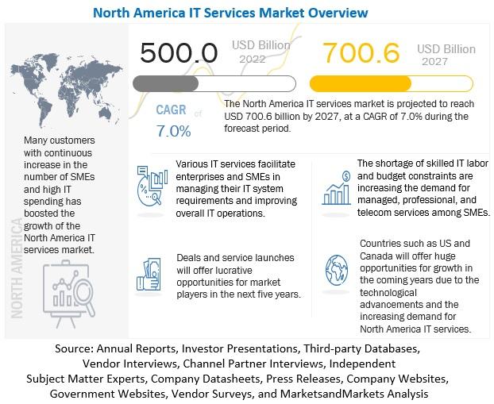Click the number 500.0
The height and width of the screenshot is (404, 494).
tap(179, 52)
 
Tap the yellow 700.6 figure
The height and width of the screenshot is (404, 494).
tap(361, 52)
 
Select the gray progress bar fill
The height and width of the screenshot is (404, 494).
tap(166, 84)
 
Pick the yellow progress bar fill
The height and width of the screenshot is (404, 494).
tap(361, 84)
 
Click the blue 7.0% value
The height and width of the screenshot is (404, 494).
tap(174, 131)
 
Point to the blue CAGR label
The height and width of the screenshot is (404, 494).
tap(171, 110)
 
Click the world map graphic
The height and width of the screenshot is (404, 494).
tap(66, 90)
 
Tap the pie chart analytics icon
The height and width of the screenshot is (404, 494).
tap(152, 187)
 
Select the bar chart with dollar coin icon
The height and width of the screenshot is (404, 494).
tap(337, 188)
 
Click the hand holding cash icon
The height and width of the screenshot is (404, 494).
tap(149, 274)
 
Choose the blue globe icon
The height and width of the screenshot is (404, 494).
tap(337, 270)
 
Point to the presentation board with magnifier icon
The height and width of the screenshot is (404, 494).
tap(68, 294)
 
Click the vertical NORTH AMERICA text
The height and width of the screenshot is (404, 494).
tap(17, 268)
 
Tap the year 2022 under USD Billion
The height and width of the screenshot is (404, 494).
tap(252, 59)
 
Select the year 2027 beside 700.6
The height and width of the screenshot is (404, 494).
tap(434, 61)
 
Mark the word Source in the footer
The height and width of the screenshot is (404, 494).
tap(74, 348)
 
